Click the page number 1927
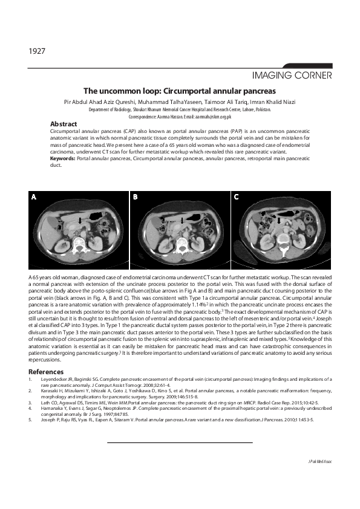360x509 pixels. point(37,51)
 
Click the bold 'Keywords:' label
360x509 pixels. point(63,158)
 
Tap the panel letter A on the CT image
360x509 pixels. point(34,197)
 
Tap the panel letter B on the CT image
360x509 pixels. point(136,197)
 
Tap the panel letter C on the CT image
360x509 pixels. point(237,197)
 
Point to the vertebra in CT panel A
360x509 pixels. point(79,244)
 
